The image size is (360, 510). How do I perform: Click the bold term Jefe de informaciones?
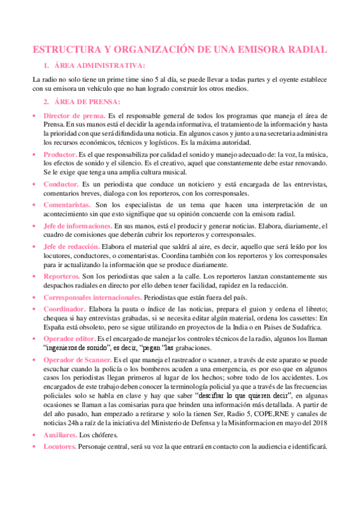point(78,226)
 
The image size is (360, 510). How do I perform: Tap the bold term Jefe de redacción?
point(70,246)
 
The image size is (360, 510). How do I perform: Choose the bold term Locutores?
point(59,447)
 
